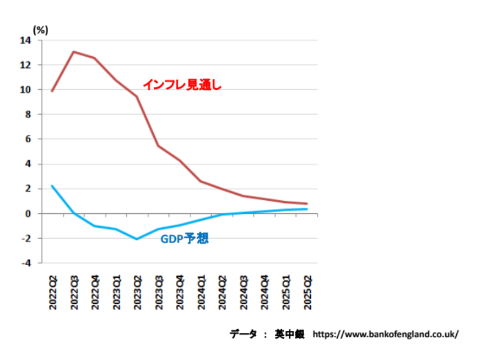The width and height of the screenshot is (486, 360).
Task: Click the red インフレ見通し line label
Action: click(x=182, y=85)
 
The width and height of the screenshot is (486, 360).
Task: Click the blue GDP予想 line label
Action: click(x=184, y=239)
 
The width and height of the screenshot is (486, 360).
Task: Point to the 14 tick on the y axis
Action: click(x=25, y=40)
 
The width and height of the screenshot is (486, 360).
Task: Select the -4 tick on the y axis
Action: click(x=25, y=263)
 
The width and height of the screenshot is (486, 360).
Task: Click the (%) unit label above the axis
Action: click(x=40, y=30)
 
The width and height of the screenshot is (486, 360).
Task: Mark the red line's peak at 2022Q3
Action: click(x=73, y=52)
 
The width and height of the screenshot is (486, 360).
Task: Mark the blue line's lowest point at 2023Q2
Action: click(x=137, y=239)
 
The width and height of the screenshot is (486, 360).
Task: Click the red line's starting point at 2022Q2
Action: click(x=52, y=91)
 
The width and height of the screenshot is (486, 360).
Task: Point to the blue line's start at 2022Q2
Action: click(x=52, y=186)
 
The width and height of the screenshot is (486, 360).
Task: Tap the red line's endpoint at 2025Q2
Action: click(x=307, y=203)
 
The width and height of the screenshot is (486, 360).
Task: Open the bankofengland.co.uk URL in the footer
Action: click(x=385, y=334)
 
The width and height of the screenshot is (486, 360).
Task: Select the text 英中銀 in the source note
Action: click(x=289, y=334)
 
